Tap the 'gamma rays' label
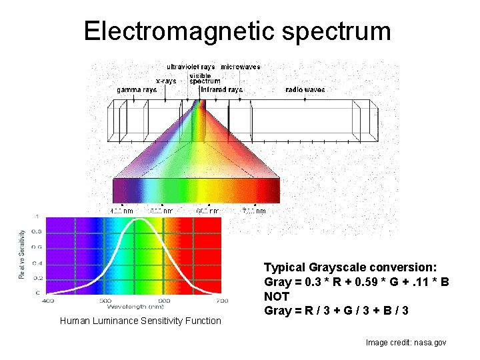[x=137, y=89]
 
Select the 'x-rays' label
[x=166, y=81]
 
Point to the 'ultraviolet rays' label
[x=191, y=67]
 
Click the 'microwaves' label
[x=241, y=67]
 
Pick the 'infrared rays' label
[x=221, y=89]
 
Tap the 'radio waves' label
[x=305, y=89]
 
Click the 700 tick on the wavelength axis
[x=222, y=301]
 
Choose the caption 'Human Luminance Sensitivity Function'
[x=140, y=321]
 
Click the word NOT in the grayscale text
[x=277, y=296]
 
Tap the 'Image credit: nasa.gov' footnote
[x=406, y=343]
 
